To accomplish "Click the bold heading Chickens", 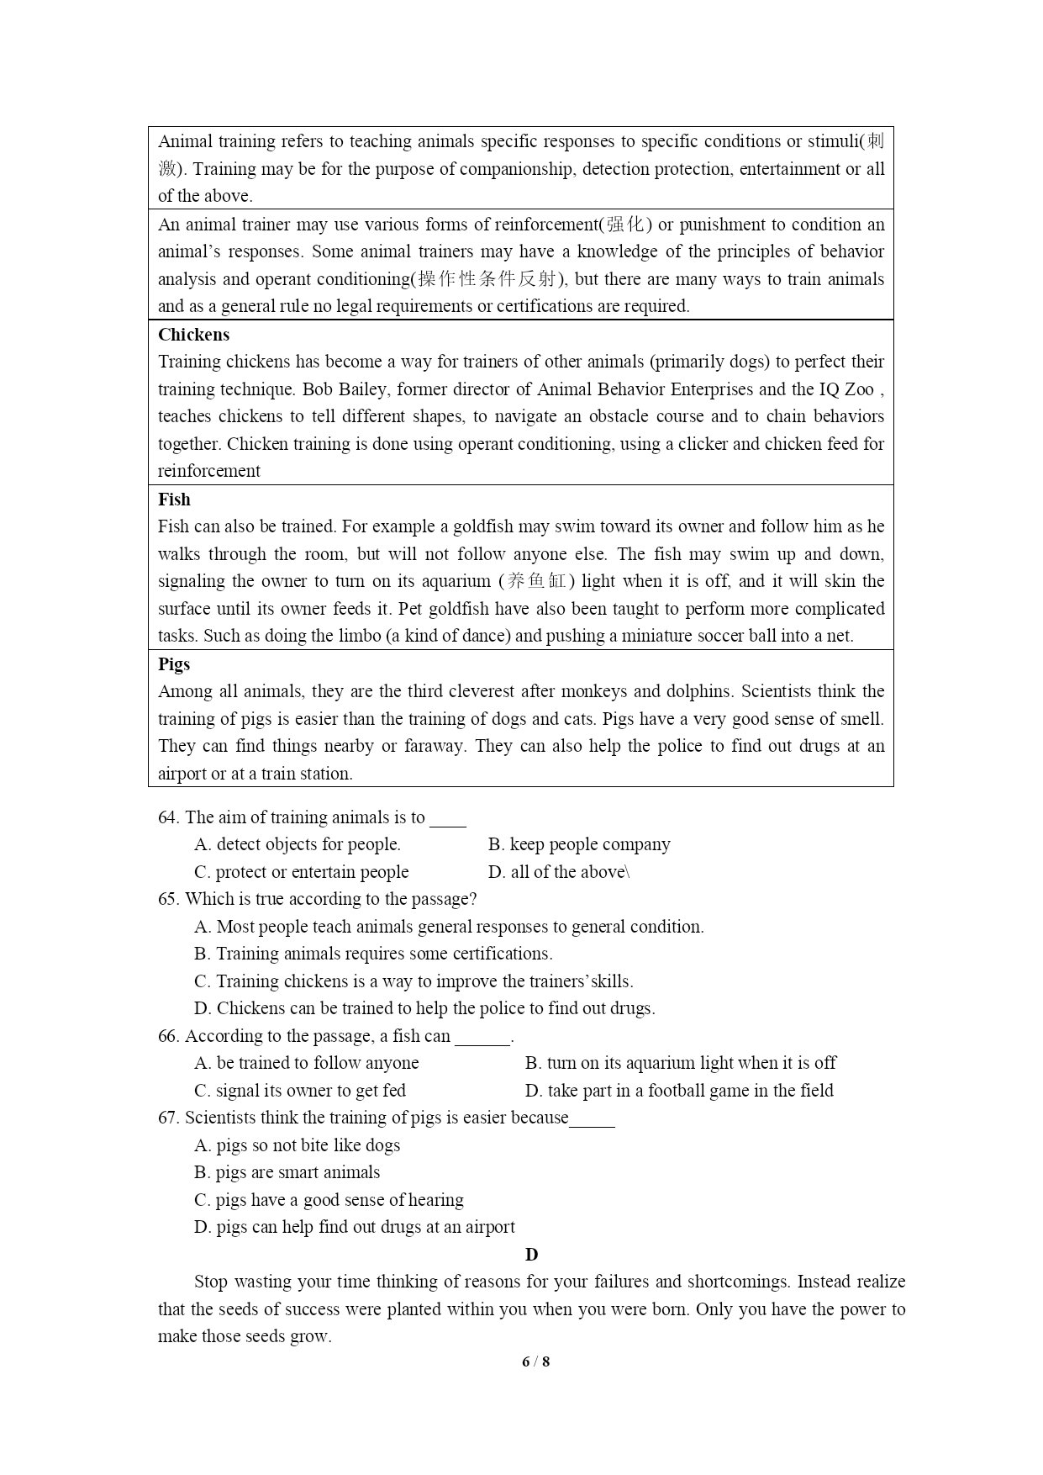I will coord(193,335).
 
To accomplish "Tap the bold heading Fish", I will coord(174,500).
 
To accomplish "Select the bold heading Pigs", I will coord(174,664).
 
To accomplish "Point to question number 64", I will coord(168,817).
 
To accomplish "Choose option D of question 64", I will coord(558,872).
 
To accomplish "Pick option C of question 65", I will coord(414,981).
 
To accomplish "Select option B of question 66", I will coord(680,1063).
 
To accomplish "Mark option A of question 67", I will coord(297,1145).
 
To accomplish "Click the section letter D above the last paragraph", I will coord(531,1255).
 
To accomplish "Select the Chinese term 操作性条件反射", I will coord(487,279).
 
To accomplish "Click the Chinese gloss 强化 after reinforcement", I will coord(625,225).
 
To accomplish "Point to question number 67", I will coord(168,1118).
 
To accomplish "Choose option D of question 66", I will coord(679,1091).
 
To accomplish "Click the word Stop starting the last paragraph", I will coord(210,1282).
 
